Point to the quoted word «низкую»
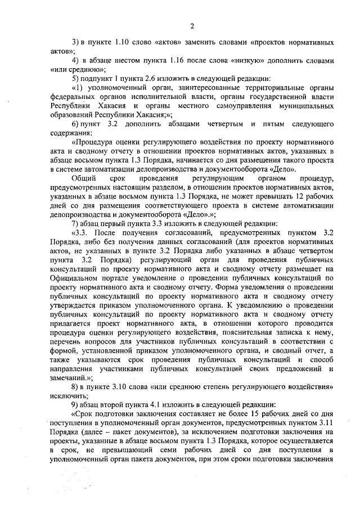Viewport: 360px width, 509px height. tap(245, 60)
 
